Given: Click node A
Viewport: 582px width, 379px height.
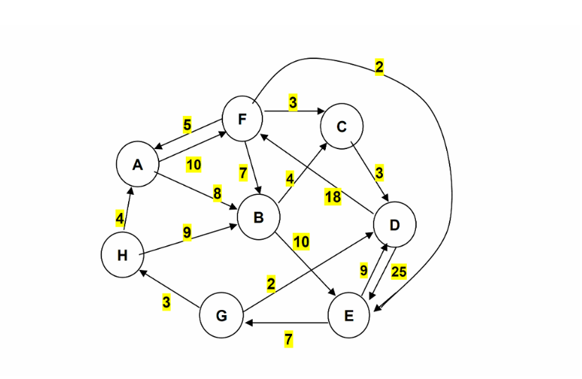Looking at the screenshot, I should tap(138, 165).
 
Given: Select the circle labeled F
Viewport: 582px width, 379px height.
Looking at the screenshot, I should tap(243, 119).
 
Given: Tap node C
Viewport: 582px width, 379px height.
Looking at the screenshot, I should tap(342, 127).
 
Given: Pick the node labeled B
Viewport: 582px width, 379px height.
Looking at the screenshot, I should tap(258, 217).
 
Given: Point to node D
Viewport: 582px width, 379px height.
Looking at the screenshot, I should tap(395, 225).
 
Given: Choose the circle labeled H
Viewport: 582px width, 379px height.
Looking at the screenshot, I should tap(122, 255).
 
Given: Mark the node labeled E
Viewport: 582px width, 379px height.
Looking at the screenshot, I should tap(350, 316).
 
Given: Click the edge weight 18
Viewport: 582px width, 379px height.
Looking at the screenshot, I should tap(333, 198).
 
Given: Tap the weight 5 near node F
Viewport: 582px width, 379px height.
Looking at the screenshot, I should tap(187, 125).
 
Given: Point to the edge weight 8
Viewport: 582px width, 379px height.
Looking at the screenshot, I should tap(217, 193).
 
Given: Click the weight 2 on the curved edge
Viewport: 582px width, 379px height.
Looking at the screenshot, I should tap(379, 68).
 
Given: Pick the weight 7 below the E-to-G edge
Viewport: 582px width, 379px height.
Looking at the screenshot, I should tap(289, 340).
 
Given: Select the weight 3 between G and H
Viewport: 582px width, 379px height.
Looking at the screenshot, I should tap(167, 302).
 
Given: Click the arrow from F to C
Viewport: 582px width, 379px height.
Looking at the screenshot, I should tap(292, 111).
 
